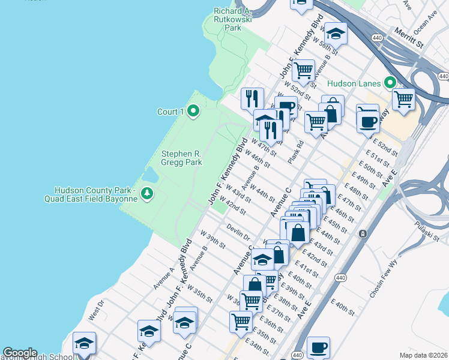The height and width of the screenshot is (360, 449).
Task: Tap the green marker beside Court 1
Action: pos(193,111)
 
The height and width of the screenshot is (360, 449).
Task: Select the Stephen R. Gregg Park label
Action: pos(181,158)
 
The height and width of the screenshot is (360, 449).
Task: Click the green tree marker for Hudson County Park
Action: pos(148,193)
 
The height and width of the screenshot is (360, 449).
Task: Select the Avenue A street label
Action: pos(163,278)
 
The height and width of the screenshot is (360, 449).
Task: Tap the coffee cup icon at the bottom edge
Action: pos(318,347)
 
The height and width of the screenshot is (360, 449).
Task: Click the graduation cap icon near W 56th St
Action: pos(337,34)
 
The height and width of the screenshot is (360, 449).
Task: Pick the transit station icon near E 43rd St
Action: pos(363,233)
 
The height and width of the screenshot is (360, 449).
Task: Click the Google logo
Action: pos(20,353)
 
